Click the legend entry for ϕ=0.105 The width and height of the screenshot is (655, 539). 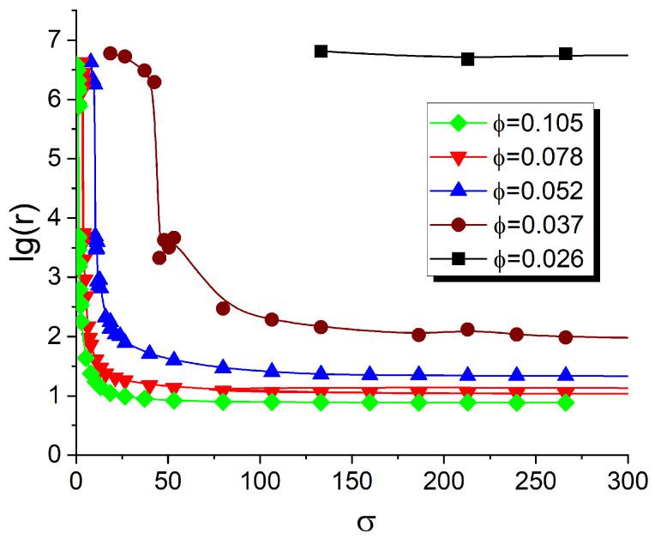click(529, 124)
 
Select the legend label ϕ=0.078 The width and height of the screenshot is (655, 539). click(529, 157)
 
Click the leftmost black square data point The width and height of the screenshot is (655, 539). click(321, 51)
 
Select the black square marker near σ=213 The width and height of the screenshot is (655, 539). click(468, 59)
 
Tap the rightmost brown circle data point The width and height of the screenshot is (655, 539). click(566, 337)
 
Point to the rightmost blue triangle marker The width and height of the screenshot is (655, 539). click(566, 374)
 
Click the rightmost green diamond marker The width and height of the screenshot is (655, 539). click(566, 402)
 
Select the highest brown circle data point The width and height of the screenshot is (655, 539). click(110, 53)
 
